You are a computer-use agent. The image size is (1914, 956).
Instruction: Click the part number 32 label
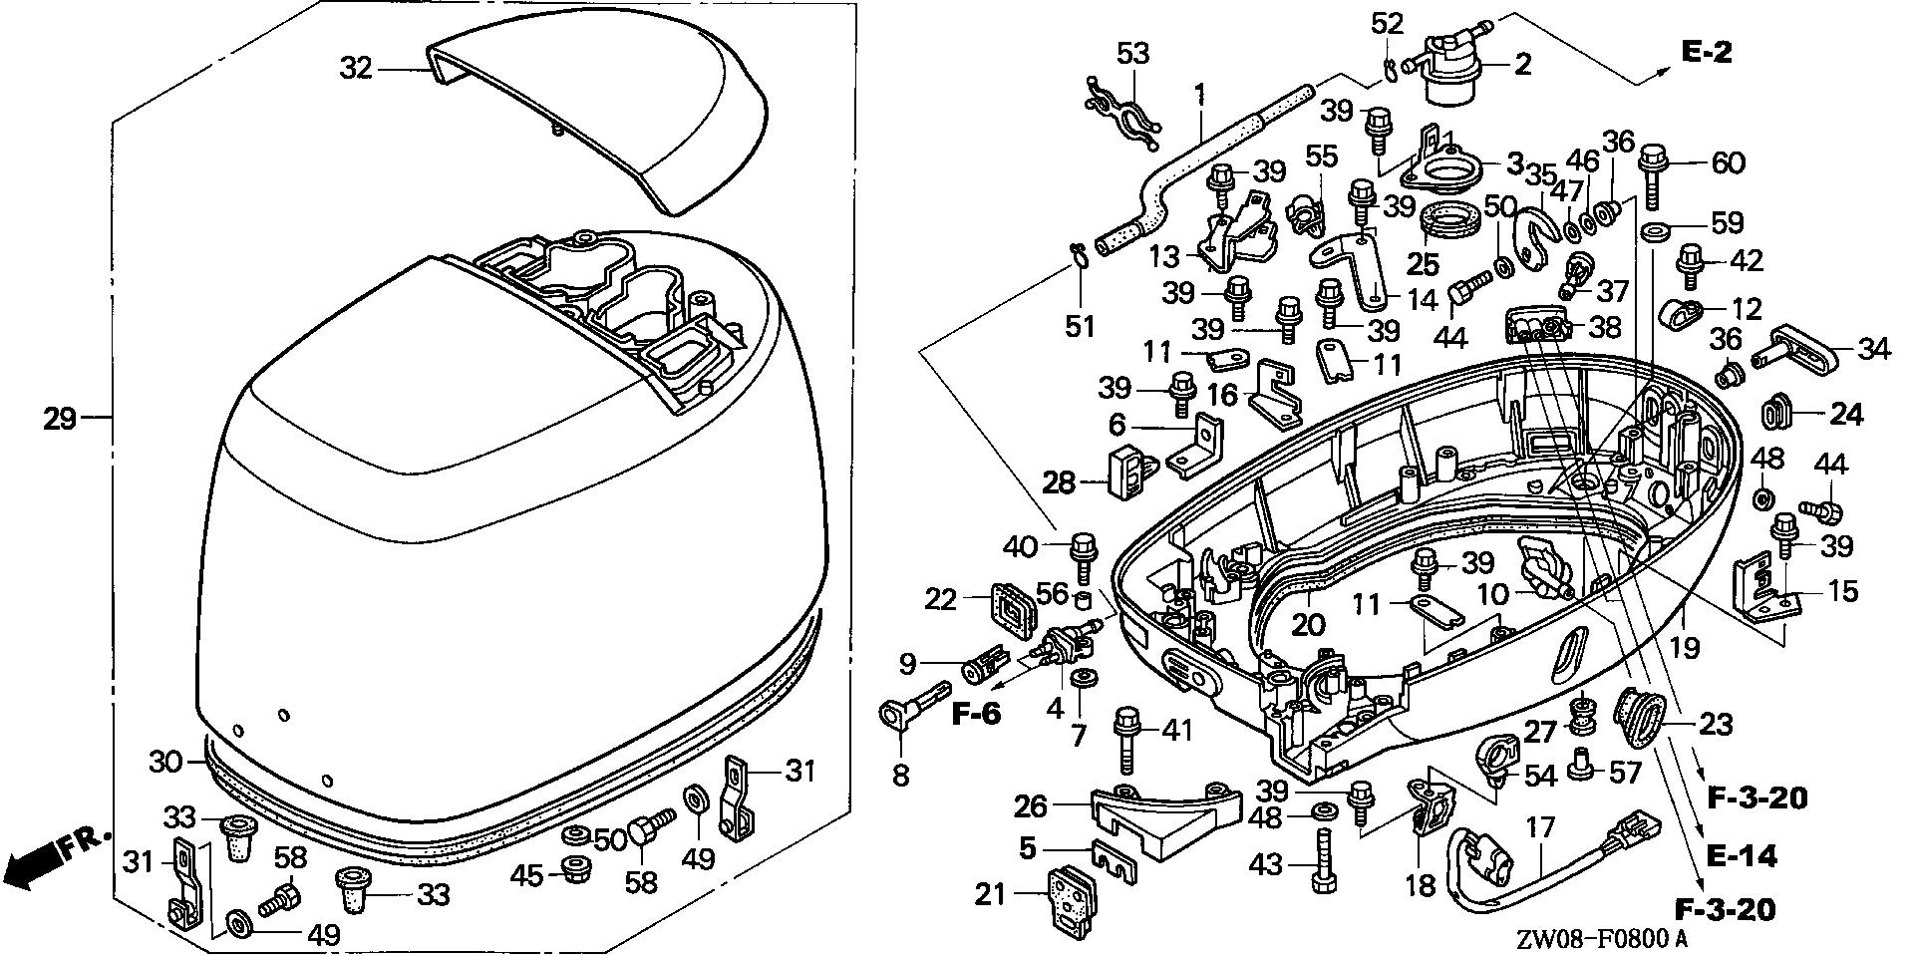pos(356,68)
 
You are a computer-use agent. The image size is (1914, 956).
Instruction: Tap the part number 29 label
pos(60,418)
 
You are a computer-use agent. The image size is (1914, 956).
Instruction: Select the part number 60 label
pos(1728,161)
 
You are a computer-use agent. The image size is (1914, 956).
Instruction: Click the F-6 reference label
pos(979,715)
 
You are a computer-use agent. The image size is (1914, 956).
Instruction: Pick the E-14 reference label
pos(1742,855)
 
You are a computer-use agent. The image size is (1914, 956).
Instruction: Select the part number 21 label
pos(991,895)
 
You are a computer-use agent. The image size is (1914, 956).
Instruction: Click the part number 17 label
pos(1540,827)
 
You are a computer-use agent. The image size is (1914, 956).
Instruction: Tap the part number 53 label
pos(1132,53)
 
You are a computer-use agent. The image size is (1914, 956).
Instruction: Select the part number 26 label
pos(1031,803)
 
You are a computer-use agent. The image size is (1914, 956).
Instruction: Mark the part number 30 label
pos(165,762)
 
